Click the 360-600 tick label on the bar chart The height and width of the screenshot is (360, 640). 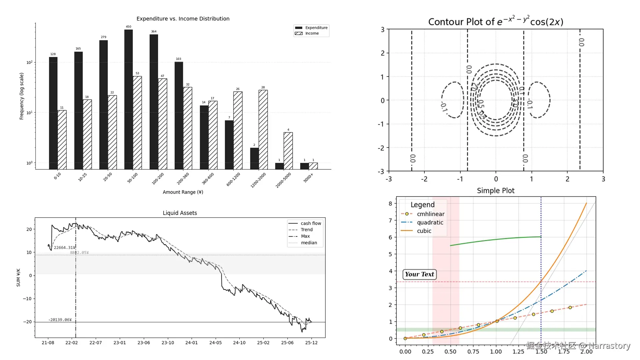[208, 179]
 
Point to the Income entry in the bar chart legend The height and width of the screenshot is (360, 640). [312, 33]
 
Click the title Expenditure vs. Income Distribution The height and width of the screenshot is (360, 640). [183, 19]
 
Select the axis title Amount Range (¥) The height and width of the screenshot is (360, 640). [183, 192]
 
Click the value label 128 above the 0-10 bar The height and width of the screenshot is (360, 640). [53, 54]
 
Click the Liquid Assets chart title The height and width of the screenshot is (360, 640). [180, 213]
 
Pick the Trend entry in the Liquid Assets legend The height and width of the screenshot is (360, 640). [306, 230]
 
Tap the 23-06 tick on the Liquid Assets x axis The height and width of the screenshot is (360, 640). [144, 343]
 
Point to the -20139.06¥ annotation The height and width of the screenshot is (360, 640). [60, 320]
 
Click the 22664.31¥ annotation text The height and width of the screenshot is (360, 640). [65, 248]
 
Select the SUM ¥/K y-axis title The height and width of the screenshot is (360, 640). [18, 277]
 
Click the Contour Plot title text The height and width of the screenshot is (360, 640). [495, 22]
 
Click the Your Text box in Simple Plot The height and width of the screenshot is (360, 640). [419, 274]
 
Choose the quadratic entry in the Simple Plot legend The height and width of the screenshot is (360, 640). [430, 222]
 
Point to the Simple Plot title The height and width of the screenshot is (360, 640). [495, 191]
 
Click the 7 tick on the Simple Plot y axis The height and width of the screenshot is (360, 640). [390, 220]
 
